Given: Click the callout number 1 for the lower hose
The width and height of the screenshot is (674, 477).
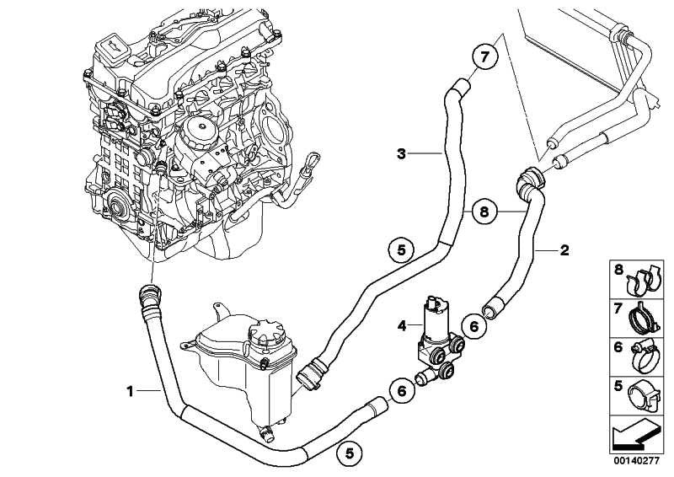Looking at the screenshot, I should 131,390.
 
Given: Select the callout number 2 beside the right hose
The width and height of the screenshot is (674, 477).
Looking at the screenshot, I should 564,250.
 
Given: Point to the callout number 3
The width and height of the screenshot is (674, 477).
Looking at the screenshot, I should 402,153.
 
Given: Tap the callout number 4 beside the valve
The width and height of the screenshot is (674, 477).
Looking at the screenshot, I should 402,324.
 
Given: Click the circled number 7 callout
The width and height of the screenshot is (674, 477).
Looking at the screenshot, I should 484,59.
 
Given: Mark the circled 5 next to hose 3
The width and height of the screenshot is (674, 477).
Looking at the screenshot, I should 402,249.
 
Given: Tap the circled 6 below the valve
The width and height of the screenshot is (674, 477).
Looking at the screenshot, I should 402,390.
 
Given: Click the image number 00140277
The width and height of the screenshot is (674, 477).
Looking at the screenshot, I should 636,462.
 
